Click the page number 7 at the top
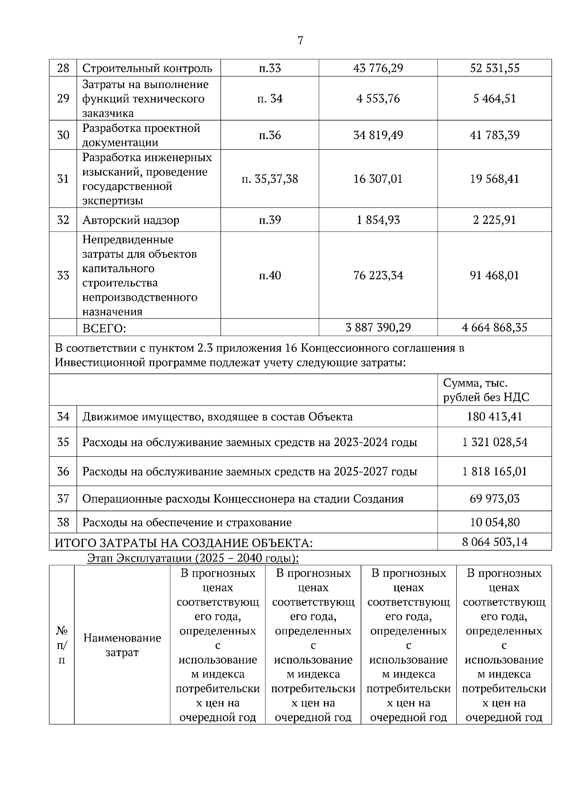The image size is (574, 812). point(300,41)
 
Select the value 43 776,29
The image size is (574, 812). point(378,68)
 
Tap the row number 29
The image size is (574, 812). point(63,99)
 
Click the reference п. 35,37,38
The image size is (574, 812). point(270,179)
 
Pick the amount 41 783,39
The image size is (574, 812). point(495,135)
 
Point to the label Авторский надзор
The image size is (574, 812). point(131,220)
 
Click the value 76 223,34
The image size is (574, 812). point(378,275)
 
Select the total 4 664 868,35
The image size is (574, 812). point(495,328)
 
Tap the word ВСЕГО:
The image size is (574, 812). point(104,329)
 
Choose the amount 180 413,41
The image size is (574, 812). point(495,417)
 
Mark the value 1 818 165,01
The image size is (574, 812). point(495,472)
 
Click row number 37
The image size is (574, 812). point(63,499)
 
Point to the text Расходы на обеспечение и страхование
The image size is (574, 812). point(187,523)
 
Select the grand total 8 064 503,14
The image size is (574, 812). point(495,542)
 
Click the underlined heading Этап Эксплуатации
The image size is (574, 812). point(193,558)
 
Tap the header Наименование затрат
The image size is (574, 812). point(122,645)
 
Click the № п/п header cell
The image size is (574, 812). point(62,645)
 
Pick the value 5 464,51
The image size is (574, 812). point(495,99)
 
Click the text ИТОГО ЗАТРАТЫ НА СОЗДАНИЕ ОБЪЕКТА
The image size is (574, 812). point(184,543)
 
